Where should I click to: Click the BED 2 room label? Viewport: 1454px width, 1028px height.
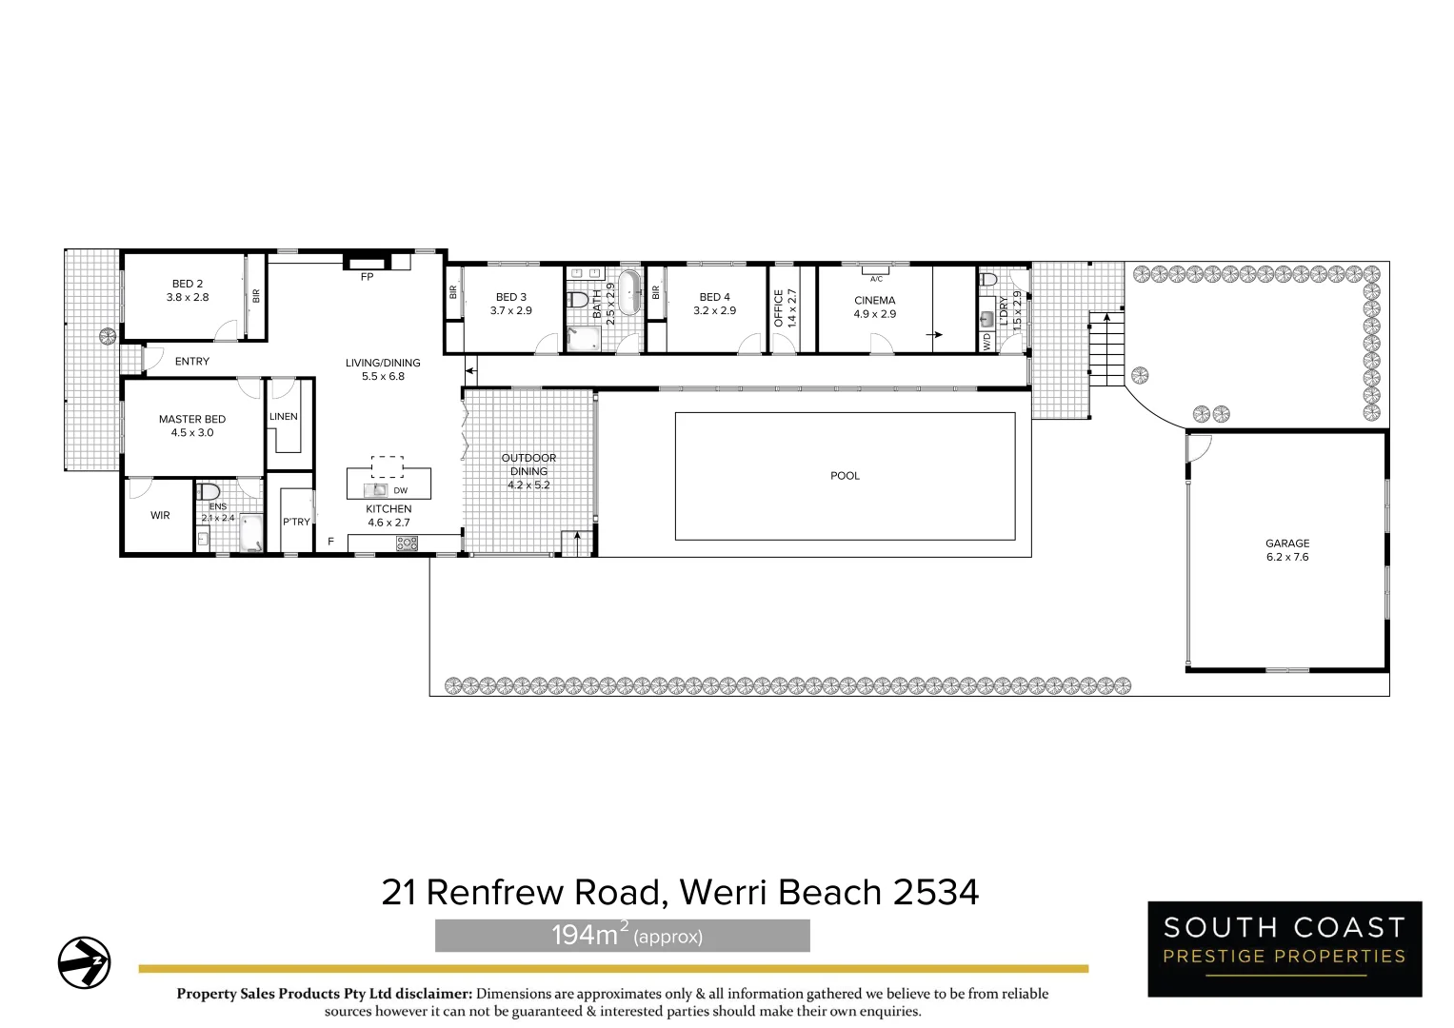[x=187, y=284]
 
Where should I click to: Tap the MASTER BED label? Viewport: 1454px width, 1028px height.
[x=192, y=419]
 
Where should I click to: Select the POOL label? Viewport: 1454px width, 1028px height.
[x=845, y=476]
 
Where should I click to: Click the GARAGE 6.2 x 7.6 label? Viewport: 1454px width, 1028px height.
[x=1287, y=550]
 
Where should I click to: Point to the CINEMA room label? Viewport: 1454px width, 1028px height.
[x=874, y=301]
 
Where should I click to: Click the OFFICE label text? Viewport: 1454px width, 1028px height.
[x=779, y=308]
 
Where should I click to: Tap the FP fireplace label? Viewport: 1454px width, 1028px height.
[x=367, y=278]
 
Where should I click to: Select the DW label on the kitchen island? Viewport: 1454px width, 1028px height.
[x=400, y=491]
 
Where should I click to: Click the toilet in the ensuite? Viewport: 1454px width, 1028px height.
[x=208, y=492]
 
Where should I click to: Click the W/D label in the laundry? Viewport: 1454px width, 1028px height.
[x=986, y=342]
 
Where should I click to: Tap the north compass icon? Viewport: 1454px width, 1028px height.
[x=84, y=962]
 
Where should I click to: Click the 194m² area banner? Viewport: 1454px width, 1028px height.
[x=622, y=936]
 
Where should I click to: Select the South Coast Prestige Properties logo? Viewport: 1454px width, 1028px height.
[x=1285, y=949]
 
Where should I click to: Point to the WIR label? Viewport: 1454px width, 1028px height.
[x=160, y=516]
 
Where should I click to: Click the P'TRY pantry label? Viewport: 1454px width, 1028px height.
[x=296, y=522]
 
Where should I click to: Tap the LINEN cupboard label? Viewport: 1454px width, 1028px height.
[x=283, y=417]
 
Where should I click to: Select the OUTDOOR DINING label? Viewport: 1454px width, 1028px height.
[x=528, y=465]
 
